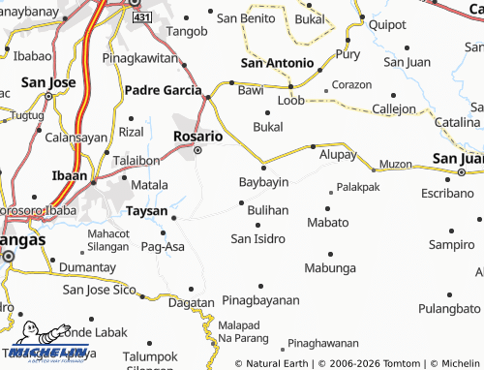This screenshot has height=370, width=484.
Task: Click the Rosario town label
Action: [197, 138]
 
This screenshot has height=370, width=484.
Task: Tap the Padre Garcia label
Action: [161, 90]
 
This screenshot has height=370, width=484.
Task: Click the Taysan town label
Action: [147, 209]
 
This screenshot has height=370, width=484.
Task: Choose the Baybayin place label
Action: [264, 182]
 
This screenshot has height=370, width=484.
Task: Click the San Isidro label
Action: [257, 238]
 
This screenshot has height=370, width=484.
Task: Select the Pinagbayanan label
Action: [260, 300]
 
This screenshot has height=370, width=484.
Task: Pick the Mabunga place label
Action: [330, 268]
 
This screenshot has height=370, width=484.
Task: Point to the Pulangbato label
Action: [450, 309]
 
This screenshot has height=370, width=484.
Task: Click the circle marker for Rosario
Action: [197, 151]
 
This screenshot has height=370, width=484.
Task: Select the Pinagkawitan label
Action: [142, 58]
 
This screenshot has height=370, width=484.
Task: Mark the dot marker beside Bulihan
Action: [241, 202]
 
